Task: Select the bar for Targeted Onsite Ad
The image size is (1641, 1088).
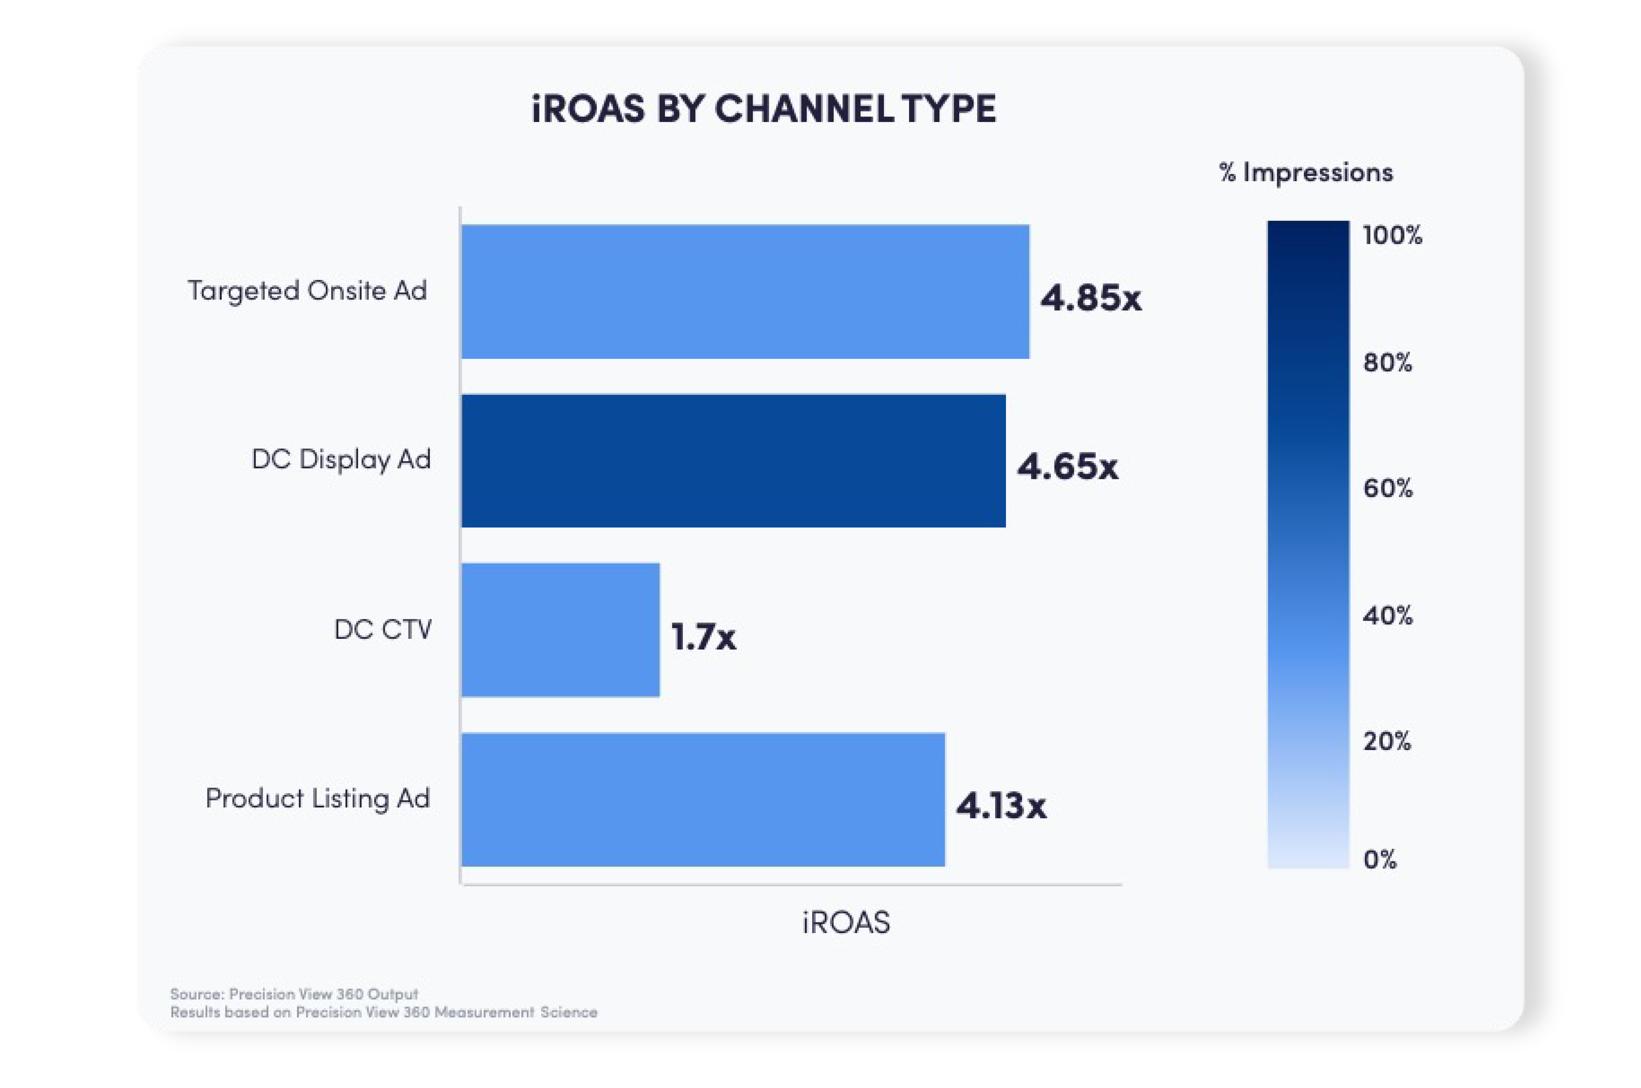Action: [745, 291]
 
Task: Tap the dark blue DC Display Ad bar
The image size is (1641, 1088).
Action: [733, 461]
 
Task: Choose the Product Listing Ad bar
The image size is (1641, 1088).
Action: [703, 799]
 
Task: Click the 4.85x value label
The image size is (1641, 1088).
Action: [1090, 298]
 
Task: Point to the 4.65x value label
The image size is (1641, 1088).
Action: [1067, 466]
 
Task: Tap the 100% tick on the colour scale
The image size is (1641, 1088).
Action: [1392, 236]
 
